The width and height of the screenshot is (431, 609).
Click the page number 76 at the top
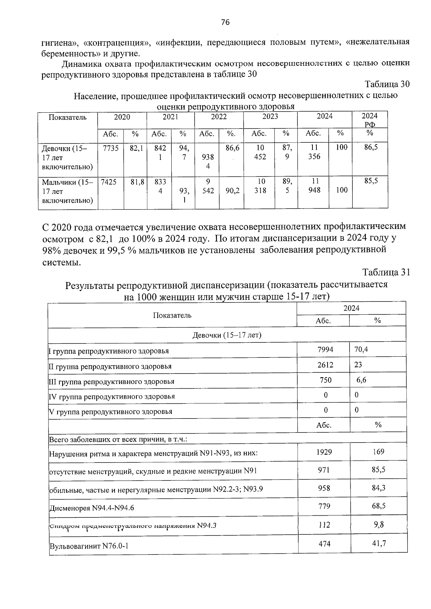[x=225, y=23]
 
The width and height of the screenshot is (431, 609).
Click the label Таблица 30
[x=387, y=84]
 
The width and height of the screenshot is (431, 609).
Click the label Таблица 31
[x=386, y=272]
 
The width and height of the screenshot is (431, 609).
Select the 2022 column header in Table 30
[x=218, y=117]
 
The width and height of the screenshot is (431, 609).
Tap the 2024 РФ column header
[x=370, y=120]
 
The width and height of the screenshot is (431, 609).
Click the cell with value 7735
[x=110, y=148]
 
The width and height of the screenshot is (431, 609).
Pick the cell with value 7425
[x=109, y=182]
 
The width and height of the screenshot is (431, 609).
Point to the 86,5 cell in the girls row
[x=371, y=147]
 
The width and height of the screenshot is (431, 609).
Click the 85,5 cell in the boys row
[x=371, y=181]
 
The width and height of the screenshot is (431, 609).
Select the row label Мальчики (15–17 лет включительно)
[x=68, y=191]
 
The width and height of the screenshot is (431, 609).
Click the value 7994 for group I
[x=325, y=349]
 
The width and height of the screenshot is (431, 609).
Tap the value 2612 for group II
[x=325, y=365]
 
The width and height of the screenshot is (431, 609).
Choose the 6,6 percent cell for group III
[x=361, y=380]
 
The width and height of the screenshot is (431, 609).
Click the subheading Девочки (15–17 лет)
[x=227, y=335]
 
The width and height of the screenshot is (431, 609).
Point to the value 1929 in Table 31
[x=324, y=452]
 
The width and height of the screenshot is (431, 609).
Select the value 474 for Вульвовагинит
[x=324, y=544]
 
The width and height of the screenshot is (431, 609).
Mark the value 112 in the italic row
[x=324, y=525]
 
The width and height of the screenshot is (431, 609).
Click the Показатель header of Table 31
[x=172, y=315]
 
